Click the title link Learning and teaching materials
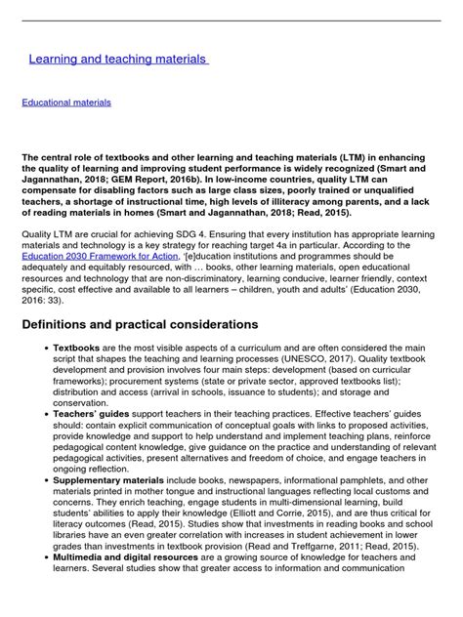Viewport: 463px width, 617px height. (117, 60)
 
